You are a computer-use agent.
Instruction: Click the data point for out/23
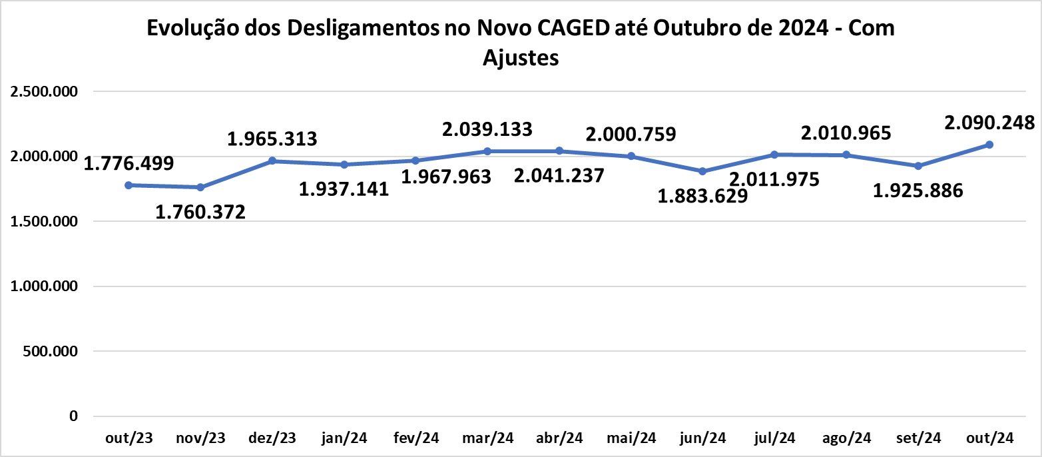tap(129, 185)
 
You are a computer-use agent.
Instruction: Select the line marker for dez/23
tap(272, 161)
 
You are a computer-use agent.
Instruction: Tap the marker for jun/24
tap(703, 171)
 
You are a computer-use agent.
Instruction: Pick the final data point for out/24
tap(990, 145)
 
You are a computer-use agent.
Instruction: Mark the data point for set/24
tap(918, 166)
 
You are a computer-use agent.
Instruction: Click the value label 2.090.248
tap(989, 123)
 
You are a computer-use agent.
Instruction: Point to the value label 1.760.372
tap(200, 213)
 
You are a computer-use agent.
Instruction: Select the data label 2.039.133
tap(487, 129)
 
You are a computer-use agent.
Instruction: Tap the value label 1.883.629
tap(702, 197)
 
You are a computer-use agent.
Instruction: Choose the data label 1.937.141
tap(344, 189)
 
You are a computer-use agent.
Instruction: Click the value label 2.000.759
tap(631, 135)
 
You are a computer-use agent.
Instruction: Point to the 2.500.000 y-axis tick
tap(44, 92)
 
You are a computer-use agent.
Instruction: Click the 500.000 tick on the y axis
tap(51, 351)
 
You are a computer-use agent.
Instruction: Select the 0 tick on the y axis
tap(73, 416)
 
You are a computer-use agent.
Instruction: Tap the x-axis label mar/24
tap(488, 438)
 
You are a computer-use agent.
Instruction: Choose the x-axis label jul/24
tap(774, 438)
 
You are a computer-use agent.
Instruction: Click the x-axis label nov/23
tap(200, 438)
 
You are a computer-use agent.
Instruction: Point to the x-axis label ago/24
tap(847, 438)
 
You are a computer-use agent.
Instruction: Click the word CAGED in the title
tap(573, 28)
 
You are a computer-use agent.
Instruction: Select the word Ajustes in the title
tap(521, 58)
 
